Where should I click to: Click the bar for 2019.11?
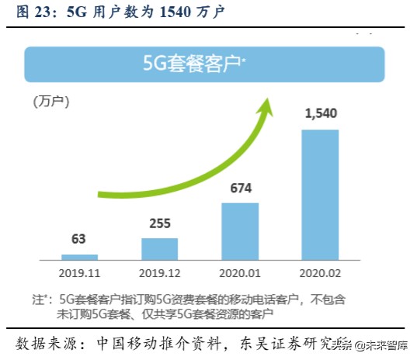80,256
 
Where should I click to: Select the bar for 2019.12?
159,247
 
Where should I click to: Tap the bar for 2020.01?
240,230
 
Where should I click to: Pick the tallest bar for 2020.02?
321,194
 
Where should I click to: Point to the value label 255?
159,223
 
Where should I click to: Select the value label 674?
240,189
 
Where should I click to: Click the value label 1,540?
321,115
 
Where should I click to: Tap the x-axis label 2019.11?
80,273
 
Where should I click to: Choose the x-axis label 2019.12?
159,273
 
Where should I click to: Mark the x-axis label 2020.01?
240,273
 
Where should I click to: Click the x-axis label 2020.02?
321,273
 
